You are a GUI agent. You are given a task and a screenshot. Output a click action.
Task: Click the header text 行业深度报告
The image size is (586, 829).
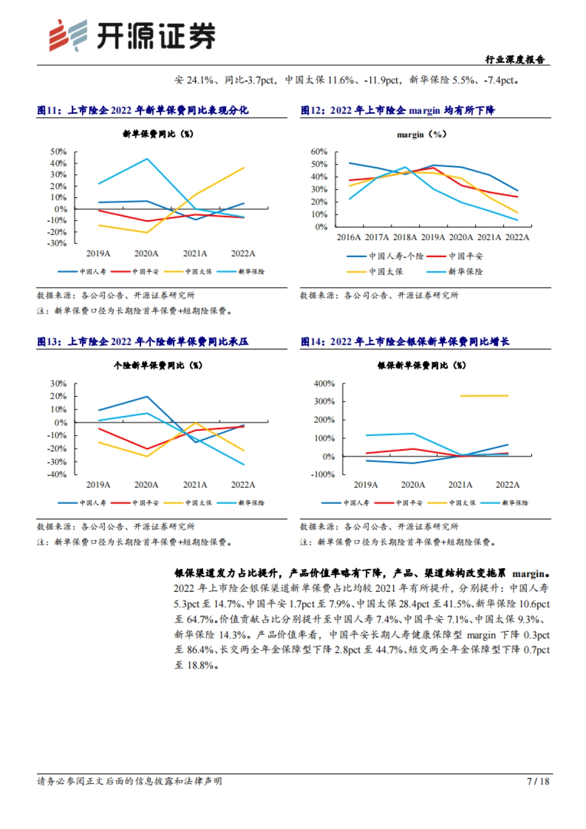(x=515, y=60)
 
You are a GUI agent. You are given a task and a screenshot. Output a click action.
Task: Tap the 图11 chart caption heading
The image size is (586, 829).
(x=143, y=110)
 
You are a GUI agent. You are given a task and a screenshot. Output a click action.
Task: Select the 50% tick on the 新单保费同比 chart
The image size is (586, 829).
(x=58, y=152)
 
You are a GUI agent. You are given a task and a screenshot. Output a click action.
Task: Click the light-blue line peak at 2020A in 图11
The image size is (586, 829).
(x=147, y=159)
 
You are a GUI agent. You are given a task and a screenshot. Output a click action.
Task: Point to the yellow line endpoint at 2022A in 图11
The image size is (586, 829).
(x=244, y=168)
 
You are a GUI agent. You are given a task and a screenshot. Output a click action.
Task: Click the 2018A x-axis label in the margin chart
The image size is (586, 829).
(x=405, y=237)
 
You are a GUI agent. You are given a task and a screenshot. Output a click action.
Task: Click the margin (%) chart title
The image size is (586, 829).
(x=421, y=134)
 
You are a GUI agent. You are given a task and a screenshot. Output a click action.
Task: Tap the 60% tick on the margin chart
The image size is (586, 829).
(x=319, y=152)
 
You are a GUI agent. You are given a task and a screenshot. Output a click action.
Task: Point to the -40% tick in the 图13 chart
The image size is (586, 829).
(x=58, y=474)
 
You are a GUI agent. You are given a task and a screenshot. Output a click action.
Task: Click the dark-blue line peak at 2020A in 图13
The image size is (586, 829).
(x=147, y=396)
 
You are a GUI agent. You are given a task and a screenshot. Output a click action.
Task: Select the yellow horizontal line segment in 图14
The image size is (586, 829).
(x=484, y=396)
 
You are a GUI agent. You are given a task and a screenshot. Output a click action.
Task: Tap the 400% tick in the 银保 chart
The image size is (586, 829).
(x=324, y=384)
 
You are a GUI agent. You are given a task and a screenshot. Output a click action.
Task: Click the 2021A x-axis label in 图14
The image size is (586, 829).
(x=460, y=485)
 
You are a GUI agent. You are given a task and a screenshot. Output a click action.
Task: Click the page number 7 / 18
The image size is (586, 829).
(x=538, y=781)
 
